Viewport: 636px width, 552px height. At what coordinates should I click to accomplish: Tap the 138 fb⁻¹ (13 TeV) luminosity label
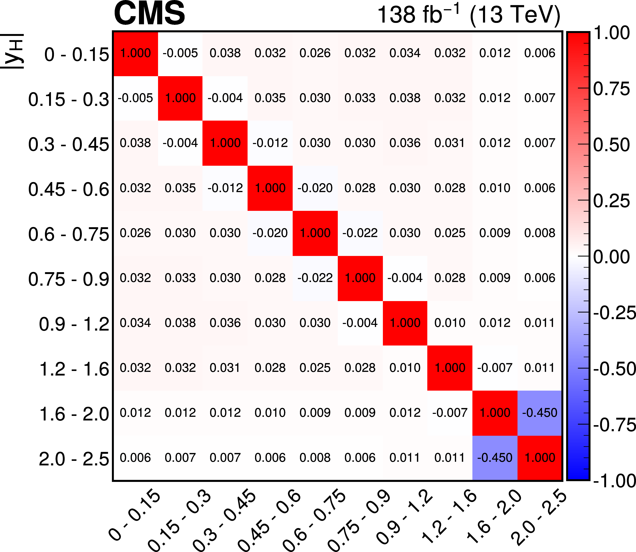point(468,15)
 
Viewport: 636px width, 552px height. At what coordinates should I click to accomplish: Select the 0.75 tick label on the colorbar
point(611,89)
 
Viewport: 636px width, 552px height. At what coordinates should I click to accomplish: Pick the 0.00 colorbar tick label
point(611,257)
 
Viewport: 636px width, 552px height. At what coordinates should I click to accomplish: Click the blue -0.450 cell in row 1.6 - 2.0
point(540,413)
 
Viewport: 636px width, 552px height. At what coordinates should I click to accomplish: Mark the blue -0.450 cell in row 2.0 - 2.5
point(495,458)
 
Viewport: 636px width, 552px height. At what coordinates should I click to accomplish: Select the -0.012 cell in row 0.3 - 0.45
point(270,143)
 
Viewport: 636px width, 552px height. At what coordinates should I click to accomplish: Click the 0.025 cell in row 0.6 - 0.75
point(450,233)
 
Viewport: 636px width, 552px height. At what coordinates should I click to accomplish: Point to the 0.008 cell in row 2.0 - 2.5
point(315,458)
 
